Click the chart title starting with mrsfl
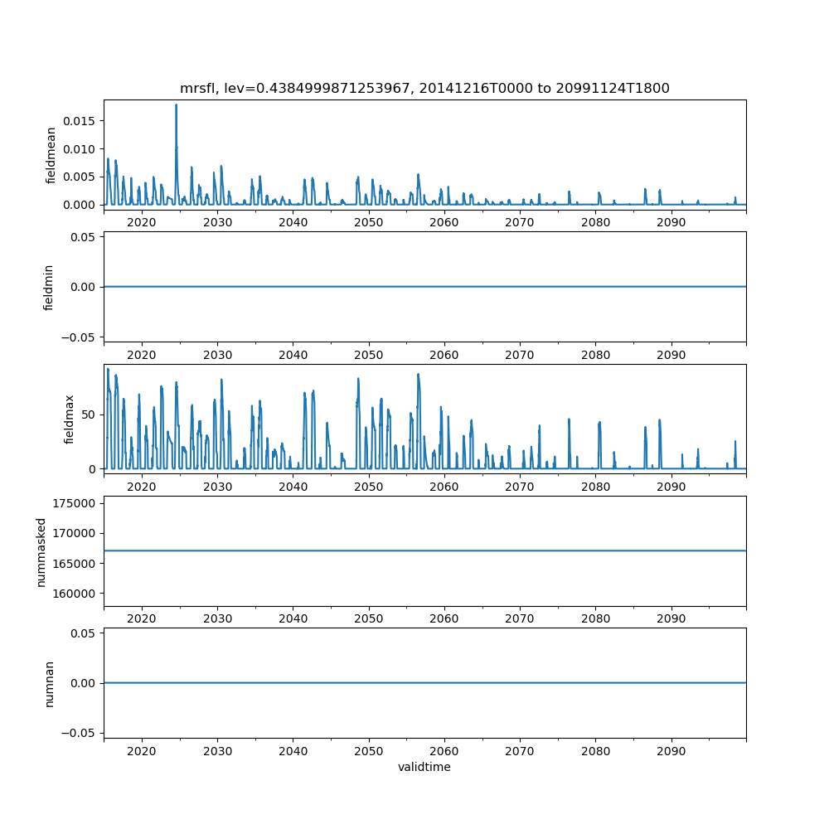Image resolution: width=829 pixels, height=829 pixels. coord(424,88)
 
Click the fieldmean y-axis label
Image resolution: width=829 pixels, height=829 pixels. coord(51,155)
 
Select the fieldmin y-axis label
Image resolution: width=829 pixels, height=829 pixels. coord(49,287)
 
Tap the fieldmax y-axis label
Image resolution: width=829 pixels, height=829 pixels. coord(70,419)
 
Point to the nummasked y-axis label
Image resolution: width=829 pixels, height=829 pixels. coord(41,550)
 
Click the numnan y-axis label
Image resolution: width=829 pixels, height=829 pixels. coord(49,683)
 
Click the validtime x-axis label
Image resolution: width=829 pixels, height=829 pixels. coord(424,767)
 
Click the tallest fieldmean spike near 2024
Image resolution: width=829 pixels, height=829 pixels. coord(176,105)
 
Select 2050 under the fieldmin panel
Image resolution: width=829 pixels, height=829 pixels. coord(369,355)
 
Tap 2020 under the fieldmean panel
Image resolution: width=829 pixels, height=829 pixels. coord(142,223)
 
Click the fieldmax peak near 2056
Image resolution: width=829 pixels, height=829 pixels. coord(418,374)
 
